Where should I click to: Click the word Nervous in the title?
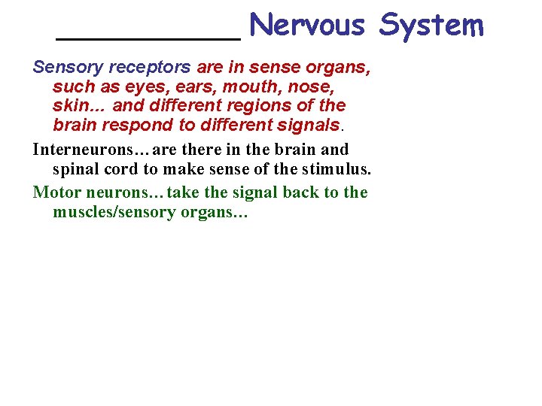click(307, 26)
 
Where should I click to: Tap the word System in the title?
click(431, 26)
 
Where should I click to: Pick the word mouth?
click(251, 86)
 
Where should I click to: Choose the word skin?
click(72, 106)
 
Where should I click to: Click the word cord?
click(123, 169)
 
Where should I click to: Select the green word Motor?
click(54, 192)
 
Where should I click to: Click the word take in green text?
click(184, 192)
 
